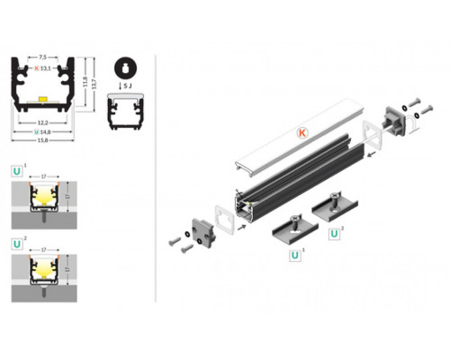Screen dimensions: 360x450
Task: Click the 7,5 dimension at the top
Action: [x=42, y=56]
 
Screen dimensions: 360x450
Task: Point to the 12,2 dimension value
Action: [x=42, y=120]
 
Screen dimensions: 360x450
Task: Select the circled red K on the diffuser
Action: [x=302, y=132]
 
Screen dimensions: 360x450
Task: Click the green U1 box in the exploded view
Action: [x=294, y=255]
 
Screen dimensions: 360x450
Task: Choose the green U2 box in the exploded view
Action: [x=336, y=234]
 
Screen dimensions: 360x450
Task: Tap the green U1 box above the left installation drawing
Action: [x=18, y=168]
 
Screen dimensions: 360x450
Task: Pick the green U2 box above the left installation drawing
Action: [x=18, y=243]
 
